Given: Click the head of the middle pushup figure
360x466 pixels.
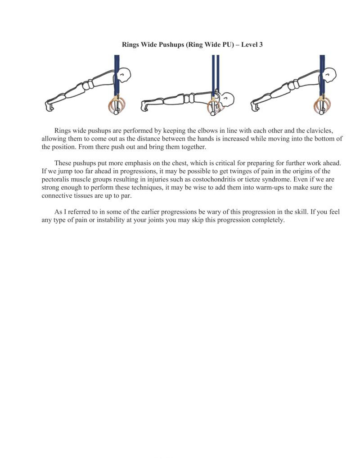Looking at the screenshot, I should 228,99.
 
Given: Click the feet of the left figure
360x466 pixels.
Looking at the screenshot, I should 49,106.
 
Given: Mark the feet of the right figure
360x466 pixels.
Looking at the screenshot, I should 255,106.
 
